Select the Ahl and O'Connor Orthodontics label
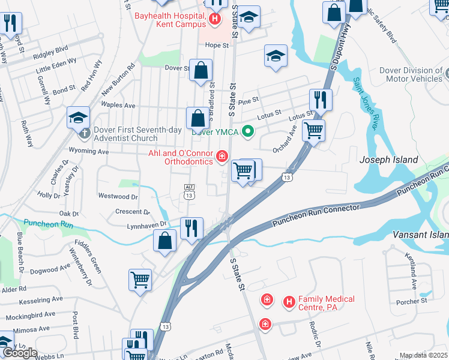click(x=180, y=157)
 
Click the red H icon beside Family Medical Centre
click(x=289, y=302)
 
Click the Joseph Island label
click(x=388, y=160)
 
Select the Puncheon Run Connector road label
click(x=316, y=215)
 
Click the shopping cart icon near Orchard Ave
click(x=313, y=130)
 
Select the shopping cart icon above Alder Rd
click(x=140, y=279)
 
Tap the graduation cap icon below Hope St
click(x=276, y=56)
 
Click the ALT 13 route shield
click(x=189, y=192)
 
